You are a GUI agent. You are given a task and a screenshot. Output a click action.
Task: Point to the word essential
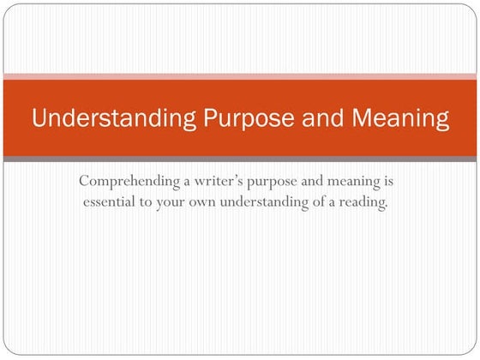coord(112,204)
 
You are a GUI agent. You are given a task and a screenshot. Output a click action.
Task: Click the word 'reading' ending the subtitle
coord(369,204)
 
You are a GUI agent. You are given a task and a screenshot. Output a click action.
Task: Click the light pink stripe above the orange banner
coord(240,76)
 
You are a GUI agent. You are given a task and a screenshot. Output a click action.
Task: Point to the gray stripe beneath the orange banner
coord(240,159)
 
